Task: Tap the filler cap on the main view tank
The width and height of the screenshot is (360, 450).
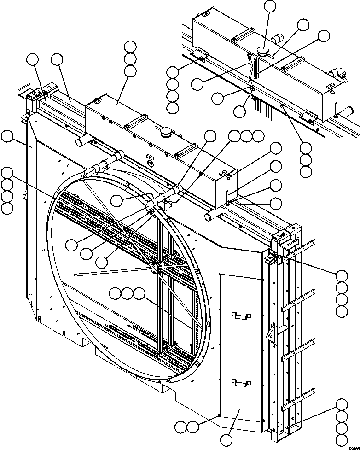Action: click(165, 133)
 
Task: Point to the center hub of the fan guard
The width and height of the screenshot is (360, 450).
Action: click(159, 267)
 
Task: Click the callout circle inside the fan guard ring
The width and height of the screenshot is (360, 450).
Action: click(117, 199)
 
